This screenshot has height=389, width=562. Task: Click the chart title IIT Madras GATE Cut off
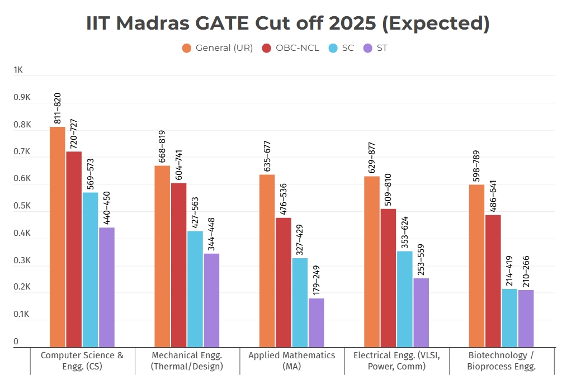pos(288,23)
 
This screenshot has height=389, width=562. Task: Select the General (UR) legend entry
pos(218,48)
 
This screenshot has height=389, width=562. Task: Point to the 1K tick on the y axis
pos(18,70)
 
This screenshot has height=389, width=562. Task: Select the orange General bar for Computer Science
pos(57,237)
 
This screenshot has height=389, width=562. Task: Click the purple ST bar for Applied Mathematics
pos(316,322)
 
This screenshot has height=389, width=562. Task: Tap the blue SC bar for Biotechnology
pos(509,317)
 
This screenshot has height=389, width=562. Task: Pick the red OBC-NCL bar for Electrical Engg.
pos(388,278)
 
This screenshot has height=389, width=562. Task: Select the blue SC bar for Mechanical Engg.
pos(195,289)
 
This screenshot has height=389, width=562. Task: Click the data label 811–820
pos(57,108)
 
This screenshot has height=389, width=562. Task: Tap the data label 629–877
pos(372,158)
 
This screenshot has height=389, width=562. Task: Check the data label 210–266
pos(526,272)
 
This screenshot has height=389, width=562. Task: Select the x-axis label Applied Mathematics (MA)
pos(292,361)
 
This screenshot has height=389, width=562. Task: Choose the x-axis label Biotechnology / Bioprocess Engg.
pos(502,361)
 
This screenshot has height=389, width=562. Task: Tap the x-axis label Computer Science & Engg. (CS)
pos(82,361)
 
